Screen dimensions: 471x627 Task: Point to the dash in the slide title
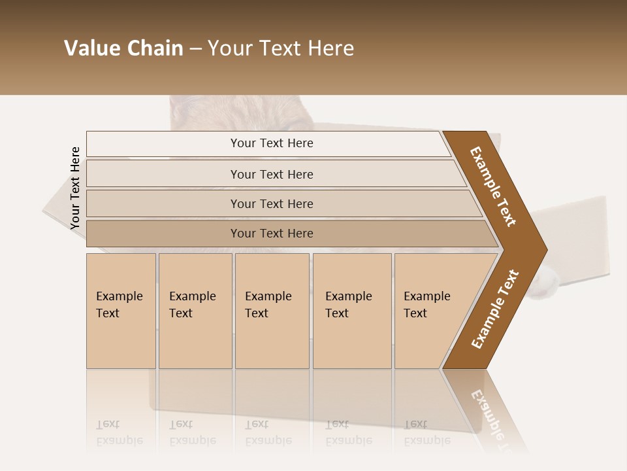[x=195, y=49]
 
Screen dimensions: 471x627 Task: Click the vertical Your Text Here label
[x=75, y=188]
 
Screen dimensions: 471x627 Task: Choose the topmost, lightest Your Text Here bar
[x=271, y=143]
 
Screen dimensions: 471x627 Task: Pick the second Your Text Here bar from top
[x=271, y=174]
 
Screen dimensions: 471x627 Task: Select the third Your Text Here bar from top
[x=271, y=203]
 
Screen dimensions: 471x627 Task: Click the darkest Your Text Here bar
[x=271, y=234]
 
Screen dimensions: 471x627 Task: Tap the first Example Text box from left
[x=121, y=311]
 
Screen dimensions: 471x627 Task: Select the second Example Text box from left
[x=195, y=311]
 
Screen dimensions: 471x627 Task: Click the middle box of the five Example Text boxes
[x=272, y=311]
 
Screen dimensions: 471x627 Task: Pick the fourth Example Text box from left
[x=352, y=311]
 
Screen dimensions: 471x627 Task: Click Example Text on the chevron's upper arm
[x=493, y=186]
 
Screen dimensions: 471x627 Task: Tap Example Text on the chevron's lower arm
[x=494, y=309]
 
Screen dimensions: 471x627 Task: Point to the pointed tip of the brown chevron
[x=545, y=250]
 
